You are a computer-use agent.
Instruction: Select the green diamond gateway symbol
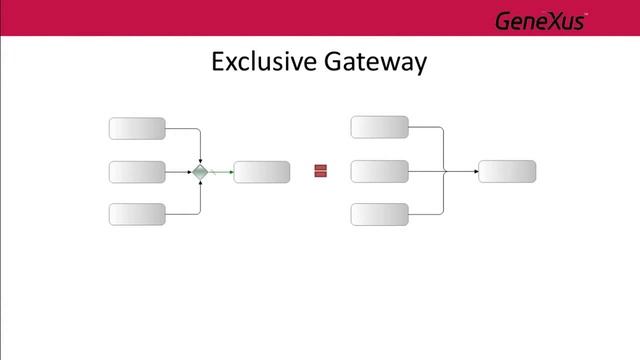(201, 172)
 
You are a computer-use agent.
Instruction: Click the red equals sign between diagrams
(321, 171)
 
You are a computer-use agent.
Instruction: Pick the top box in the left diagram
(137, 128)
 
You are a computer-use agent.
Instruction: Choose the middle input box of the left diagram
(137, 172)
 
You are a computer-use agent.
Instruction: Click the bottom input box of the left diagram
(137, 214)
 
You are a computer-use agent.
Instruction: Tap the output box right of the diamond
(262, 172)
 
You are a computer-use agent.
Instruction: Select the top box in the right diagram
(380, 127)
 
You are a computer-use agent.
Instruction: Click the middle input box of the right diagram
(380, 171)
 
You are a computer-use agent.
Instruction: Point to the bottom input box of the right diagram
(380, 214)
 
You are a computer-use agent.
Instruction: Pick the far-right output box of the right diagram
(507, 171)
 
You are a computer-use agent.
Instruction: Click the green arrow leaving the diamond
(221, 172)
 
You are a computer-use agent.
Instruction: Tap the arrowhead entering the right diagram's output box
(475, 171)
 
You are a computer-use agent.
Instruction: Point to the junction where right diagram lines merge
(444, 171)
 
